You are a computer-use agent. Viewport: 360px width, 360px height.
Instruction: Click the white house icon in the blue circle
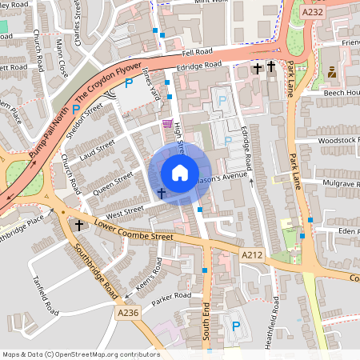tap(180, 173)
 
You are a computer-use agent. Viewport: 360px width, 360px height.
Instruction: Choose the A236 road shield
tap(128, 313)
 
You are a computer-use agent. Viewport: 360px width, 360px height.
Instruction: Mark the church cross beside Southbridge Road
tap(79, 226)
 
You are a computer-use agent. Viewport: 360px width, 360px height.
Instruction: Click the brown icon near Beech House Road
tap(331, 73)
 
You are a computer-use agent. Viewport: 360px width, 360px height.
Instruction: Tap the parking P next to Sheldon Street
tap(77, 109)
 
